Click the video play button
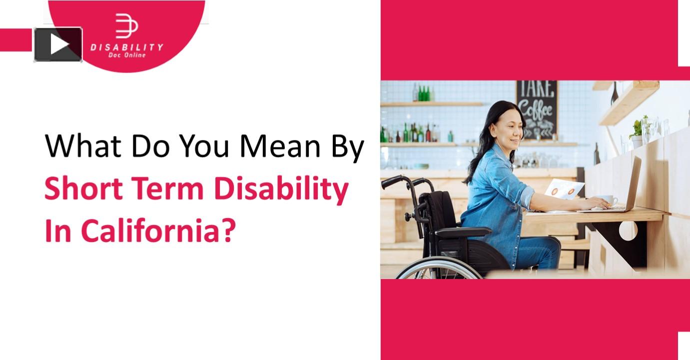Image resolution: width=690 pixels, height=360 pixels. pos(58,44)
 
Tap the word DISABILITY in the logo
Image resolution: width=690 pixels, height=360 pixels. pos(126,47)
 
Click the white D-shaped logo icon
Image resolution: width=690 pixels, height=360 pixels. pos(126,26)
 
